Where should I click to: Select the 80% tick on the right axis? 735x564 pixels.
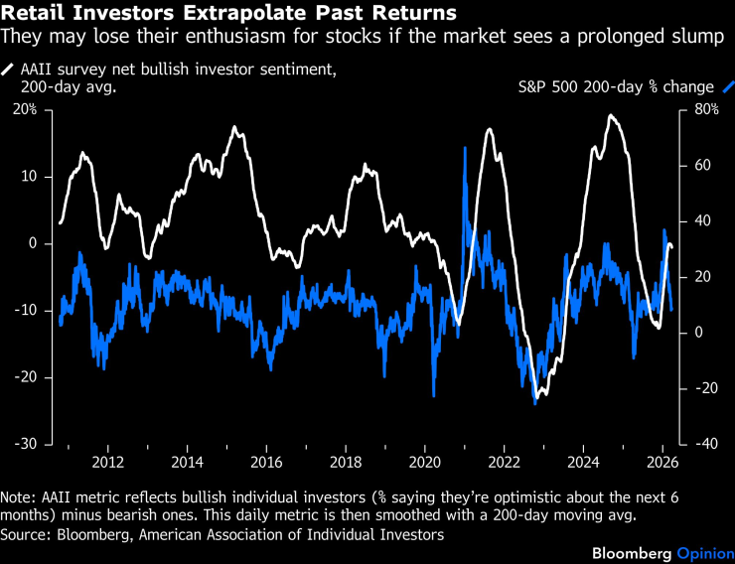705,109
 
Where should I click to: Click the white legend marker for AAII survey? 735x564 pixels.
9,70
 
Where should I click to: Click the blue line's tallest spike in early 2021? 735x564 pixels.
464,149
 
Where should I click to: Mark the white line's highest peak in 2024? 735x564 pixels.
611,116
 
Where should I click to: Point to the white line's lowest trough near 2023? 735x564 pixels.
536,401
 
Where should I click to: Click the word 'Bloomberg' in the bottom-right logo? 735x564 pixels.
632,551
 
